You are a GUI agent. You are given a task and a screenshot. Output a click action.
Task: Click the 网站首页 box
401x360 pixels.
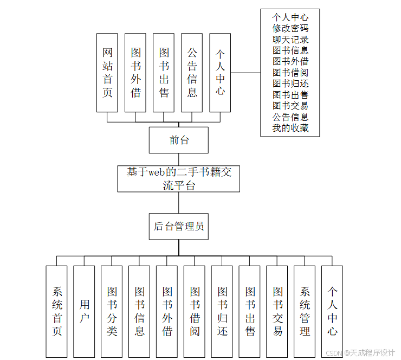[x=107, y=73]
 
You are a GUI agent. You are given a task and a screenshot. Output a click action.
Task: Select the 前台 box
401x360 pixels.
[x=179, y=140]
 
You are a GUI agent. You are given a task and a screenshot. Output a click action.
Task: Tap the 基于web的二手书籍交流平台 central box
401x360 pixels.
[x=179, y=178]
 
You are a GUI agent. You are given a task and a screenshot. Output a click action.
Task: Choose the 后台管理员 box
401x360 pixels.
[x=179, y=226]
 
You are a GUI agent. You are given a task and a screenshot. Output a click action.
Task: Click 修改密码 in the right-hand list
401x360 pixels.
[x=290, y=28]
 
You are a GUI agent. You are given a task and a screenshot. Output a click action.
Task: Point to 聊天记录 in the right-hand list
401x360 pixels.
[x=290, y=40]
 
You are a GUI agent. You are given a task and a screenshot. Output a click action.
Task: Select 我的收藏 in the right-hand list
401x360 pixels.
[x=290, y=128]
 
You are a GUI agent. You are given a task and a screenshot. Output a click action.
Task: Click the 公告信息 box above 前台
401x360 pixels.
[x=192, y=73]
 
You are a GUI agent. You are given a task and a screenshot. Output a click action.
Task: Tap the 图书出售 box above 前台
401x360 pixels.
[x=164, y=73]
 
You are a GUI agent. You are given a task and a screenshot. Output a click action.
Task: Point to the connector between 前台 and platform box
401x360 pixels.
[x=179, y=159]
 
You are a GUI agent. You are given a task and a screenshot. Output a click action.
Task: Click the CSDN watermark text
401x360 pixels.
[x=360, y=353]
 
